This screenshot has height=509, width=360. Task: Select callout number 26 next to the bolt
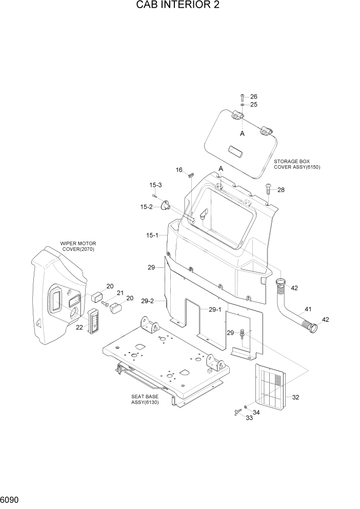pyautogui.click(x=253, y=97)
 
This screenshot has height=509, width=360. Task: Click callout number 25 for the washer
pyautogui.click(x=253, y=105)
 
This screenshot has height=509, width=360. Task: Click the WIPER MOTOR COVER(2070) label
pyautogui.click(x=78, y=246)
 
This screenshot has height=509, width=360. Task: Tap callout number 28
pyautogui.click(x=281, y=190)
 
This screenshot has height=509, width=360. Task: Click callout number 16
pyautogui.click(x=179, y=169)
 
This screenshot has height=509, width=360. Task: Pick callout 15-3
pyautogui.click(x=155, y=185)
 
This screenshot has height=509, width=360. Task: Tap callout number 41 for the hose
pyautogui.click(x=308, y=309)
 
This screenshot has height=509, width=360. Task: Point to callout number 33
pyautogui.click(x=249, y=418)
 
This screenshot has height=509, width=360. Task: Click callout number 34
pyautogui.click(x=256, y=413)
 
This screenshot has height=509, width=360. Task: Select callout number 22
pyautogui.click(x=79, y=327)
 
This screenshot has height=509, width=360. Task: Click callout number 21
pyautogui.click(x=121, y=293)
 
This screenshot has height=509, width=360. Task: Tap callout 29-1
pyautogui.click(x=215, y=309)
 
